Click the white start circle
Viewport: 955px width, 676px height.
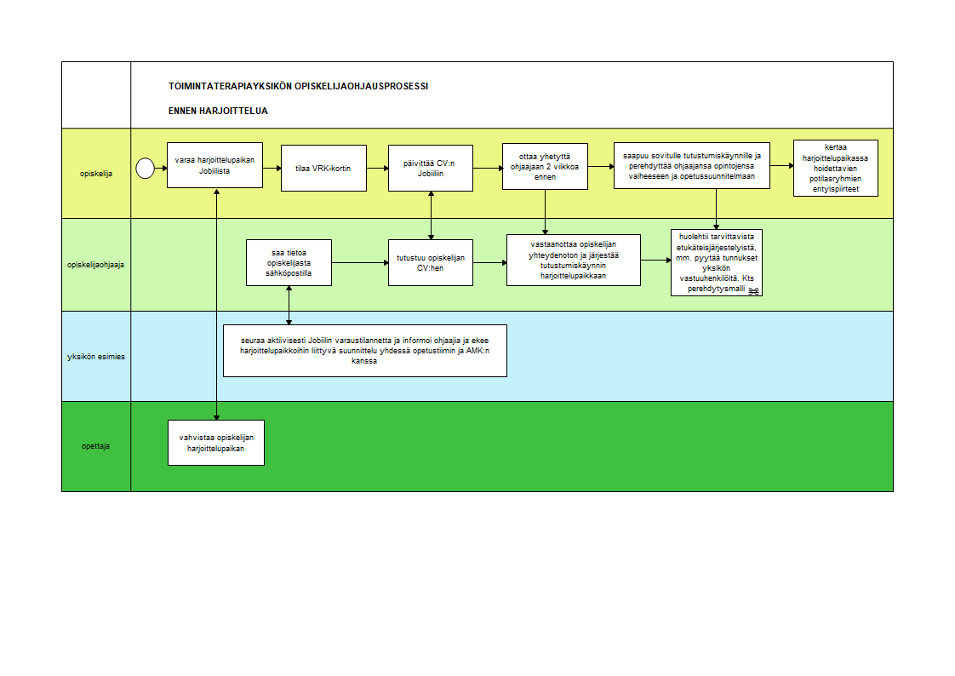[x=145, y=168]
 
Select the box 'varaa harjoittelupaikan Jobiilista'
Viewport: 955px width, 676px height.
[x=215, y=165]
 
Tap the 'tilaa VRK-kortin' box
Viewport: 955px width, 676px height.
[x=323, y=168]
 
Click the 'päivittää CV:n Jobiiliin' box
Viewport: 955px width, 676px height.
[x=431, y=168]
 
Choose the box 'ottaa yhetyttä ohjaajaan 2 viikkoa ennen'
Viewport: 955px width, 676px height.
[x=545, y=166]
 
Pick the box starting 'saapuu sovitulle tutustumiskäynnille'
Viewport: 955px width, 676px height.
[x=692, y=166]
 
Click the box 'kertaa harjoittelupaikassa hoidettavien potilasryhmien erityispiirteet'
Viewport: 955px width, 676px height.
[x=836, y=168]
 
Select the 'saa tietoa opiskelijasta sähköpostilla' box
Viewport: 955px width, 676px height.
[x=289, y=262]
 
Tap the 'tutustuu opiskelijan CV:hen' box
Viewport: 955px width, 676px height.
[x=431, y=262]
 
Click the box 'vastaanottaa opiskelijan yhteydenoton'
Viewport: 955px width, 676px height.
[x=574, y=260]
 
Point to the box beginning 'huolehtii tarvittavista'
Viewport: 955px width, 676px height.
[x=717, y=262]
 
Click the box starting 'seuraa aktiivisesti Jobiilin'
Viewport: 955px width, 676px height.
[x=365, y=351]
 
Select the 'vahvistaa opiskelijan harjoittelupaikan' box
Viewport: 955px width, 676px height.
[x=216, y=443]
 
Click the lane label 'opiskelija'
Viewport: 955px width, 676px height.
[x=96, y=174]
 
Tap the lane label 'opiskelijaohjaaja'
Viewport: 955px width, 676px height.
[x=95, y=265]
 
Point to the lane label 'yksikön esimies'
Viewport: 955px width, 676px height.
[x=96, y=357]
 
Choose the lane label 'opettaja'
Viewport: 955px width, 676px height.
[x=95, y=446]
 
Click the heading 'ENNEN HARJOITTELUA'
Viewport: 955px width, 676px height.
[x=218, y=111]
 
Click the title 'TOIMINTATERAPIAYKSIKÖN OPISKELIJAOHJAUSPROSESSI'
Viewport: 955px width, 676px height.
[x=299, y=87]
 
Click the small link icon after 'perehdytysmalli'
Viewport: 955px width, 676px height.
[x=753, y=291]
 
